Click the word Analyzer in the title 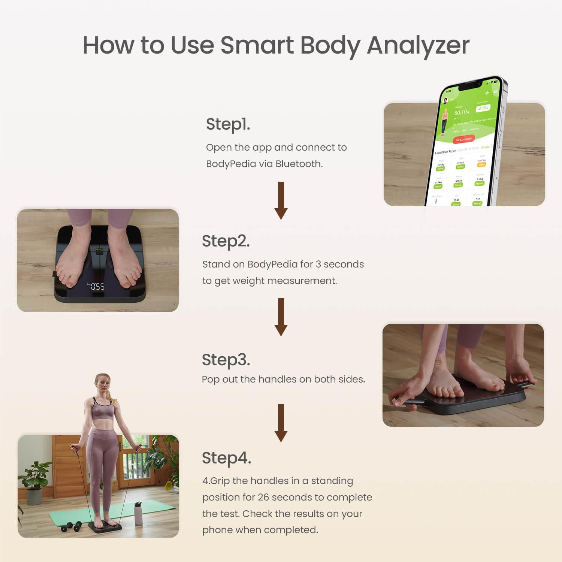pos(418,46)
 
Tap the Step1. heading pos(228,124)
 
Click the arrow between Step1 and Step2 pos(281,200)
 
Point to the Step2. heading pos(226,241)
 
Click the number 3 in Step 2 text pos(318,264)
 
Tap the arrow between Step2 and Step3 pos(281,317)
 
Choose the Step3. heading pos(226,359)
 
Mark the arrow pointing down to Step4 pos(281,423)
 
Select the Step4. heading pos(226,458)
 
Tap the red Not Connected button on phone pos(463,139)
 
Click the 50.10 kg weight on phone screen pos(461,112)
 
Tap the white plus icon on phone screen pos(487,93)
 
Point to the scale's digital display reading pos(97,287)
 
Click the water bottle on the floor pos(138,513)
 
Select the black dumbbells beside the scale pos(71,526)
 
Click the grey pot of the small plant pos(34,496)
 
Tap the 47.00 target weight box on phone pos(483,108)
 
